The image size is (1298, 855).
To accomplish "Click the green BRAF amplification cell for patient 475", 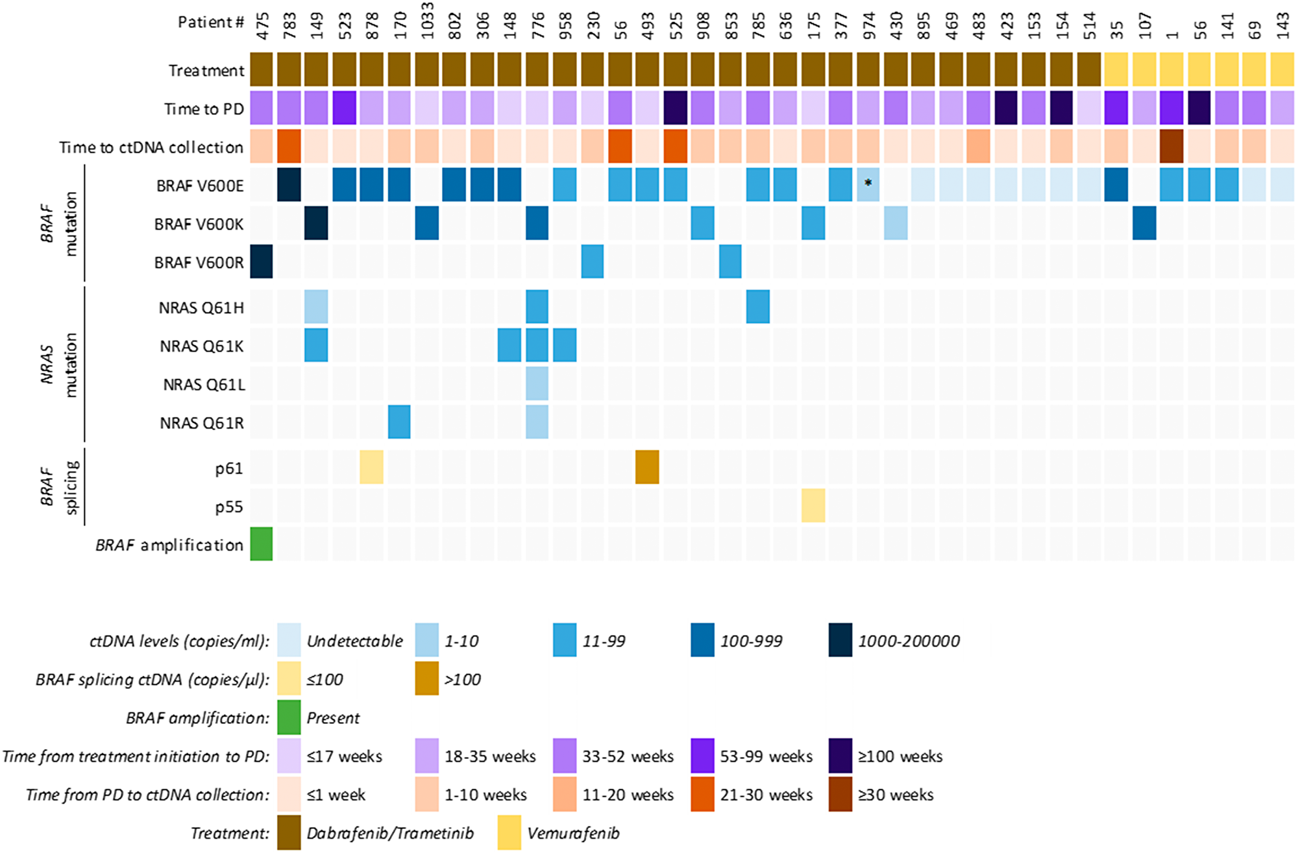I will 261,544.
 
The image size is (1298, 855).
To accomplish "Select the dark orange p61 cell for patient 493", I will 647,467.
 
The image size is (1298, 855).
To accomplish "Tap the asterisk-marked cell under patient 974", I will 868,184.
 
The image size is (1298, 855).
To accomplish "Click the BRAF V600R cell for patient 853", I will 730,261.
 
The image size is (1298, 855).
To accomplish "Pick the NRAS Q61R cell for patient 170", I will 399,422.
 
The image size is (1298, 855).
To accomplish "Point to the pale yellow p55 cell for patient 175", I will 813,505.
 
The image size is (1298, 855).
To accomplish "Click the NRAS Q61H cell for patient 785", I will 758,306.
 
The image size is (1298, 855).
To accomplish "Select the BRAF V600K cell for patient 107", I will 1144,223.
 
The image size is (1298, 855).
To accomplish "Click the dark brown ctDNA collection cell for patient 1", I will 1171,146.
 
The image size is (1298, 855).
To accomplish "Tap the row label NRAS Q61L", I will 204,385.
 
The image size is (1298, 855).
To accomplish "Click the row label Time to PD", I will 204,108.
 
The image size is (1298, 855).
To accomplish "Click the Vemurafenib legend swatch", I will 509,833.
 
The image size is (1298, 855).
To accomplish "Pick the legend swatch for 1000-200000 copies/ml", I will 840,640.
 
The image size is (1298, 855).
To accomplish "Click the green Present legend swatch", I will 289,717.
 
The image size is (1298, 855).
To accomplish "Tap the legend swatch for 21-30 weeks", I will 703,794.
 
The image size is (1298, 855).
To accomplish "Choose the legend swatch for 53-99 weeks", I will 703,756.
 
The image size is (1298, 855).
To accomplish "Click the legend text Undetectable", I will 354,641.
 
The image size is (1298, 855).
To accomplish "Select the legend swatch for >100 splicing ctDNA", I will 426,679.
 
